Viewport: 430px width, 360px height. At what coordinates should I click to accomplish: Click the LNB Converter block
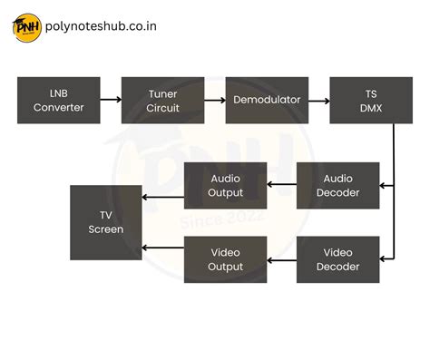(x=58, y=100)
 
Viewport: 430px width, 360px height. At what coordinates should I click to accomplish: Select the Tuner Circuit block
(x=162, y=100)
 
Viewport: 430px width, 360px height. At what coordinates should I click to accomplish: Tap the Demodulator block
(x=267, y=100)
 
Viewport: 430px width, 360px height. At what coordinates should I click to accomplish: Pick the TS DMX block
(x=370, y=100)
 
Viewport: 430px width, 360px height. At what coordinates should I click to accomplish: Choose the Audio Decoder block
(x=337, y=185)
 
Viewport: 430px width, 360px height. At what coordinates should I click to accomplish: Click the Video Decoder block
(x=337, y=259)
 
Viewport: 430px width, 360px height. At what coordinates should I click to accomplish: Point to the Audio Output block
(x=226, y=185)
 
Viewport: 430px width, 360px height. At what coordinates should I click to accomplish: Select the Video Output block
(x=226, y=259)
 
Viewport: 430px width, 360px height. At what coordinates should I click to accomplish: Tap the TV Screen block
(x=106, y=222)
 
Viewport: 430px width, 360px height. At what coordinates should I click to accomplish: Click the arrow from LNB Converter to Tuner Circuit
(x=111, y=100)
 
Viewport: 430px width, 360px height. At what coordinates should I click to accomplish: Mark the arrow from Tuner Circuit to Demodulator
(x=214, y=100)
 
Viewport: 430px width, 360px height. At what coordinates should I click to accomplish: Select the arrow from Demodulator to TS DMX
(x=318, y=100)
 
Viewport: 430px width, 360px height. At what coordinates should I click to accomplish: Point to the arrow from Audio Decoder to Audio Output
(x=282, y=185)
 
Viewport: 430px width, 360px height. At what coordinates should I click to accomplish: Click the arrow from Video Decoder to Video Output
(x=282, y=259)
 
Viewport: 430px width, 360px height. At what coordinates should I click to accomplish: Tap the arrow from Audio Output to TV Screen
(x=163, y=197)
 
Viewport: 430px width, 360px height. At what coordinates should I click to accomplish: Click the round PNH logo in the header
(x=25, y=27)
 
